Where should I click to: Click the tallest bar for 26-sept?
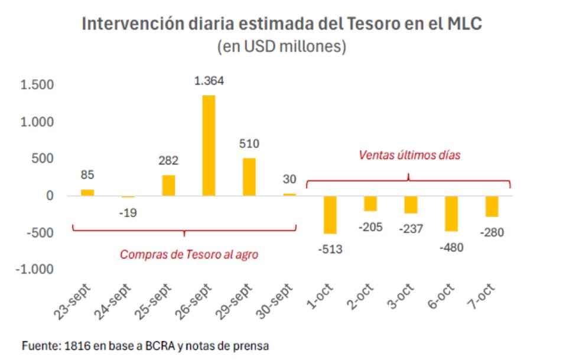tap(209, 145)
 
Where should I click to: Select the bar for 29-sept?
tap(249, 176)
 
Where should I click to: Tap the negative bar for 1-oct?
tap(330, 215)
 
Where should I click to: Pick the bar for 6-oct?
tap(451, 213)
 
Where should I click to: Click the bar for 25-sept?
tap(168, 185)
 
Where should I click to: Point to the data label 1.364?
tap(209, 81)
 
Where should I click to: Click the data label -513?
tap(330, 249)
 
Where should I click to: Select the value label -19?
tap(128, 212)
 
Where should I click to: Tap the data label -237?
tap(411, 228)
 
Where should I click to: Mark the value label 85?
tap(87, 175)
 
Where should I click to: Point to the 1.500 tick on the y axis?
tap(37, 85)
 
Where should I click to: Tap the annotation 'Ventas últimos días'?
tap(409, 155)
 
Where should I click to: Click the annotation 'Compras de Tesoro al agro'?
tap(183, 255)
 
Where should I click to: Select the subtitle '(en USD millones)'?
tap(281, 47)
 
